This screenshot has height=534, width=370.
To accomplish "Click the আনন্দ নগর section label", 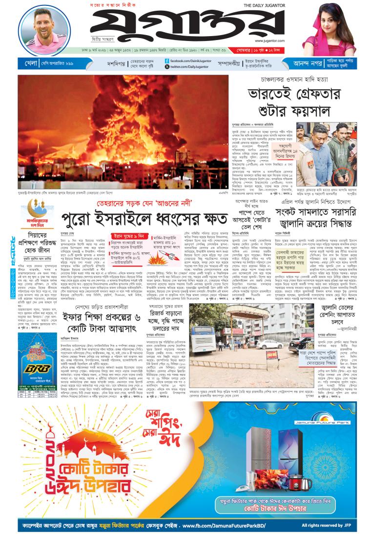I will [308, 63].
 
